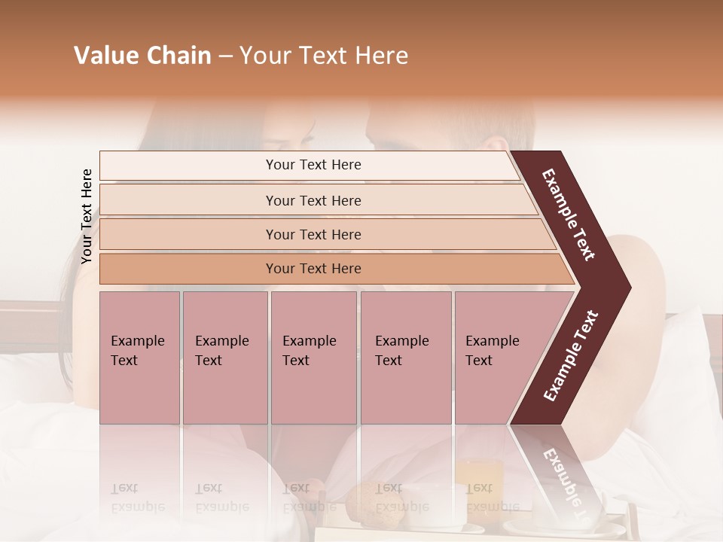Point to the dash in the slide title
coord(224,56)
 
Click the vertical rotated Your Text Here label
coord(87,216)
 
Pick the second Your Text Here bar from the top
coord(313,200)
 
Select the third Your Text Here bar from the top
coord(313,234)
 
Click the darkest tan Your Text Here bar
coord(313,269)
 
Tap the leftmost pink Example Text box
coord(139,358)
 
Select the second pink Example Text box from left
coord(224,358)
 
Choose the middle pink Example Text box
coord(313,358)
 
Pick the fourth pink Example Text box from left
coord(405,358)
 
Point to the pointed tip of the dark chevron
coord(627,288)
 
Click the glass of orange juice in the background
coord(478,482)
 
